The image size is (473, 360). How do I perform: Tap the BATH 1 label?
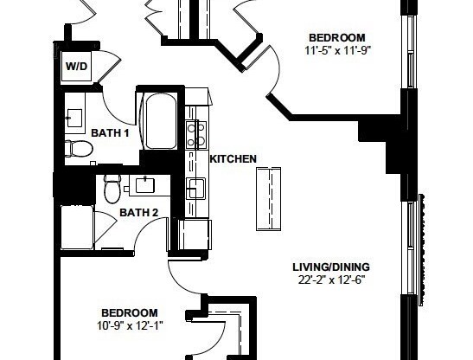tap(110, 132)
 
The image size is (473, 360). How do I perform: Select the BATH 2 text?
tap(138, 213)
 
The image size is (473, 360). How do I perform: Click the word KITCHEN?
tap(233, 158)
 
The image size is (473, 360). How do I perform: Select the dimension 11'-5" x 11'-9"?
tap(337, 50)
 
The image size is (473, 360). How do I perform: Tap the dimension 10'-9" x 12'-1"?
tap(129, 325)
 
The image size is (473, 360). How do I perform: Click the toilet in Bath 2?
tap(112, 187)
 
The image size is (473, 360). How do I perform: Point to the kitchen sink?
tap(196, 188)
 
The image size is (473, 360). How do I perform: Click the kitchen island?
tap(270, 198)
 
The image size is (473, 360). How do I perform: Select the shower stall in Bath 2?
tap(75, 228)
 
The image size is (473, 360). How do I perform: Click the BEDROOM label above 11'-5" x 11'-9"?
tap(337, 37)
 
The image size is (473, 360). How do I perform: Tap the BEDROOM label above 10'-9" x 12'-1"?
tap(129, 312)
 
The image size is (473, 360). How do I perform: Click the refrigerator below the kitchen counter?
tap(194, 235)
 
